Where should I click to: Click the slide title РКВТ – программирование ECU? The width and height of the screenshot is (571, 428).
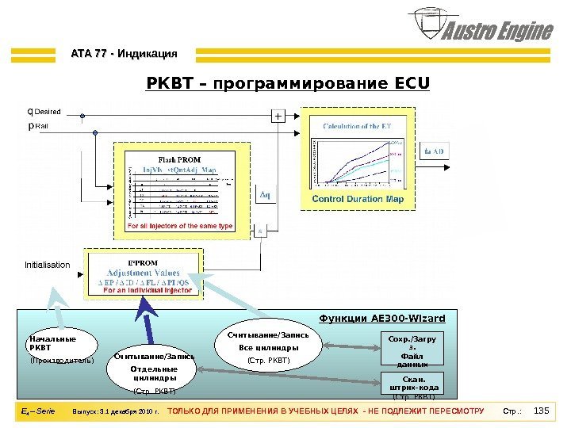(x=288, y=82)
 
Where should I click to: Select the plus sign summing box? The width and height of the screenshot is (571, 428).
(x=278, y=117)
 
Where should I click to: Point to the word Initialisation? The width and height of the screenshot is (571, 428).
(x=47, y=265)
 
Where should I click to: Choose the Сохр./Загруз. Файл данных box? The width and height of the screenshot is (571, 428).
(x=410, y=350)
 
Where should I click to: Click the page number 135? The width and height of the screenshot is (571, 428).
(x=542, y=411)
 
